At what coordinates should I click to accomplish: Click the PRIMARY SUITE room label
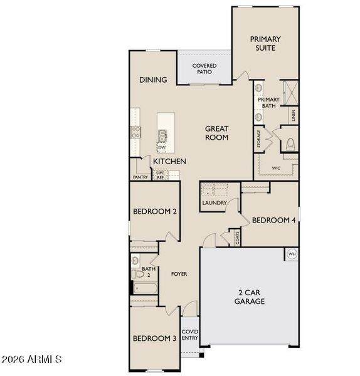[266, 43]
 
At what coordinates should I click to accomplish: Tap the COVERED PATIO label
[204, 69]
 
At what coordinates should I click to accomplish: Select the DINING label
[153, 80]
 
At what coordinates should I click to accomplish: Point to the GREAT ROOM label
[216, 133]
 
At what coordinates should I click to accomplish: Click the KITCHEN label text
[170, 161]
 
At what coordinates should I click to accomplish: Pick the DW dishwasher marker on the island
[161, 147]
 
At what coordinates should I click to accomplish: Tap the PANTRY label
[140, 177]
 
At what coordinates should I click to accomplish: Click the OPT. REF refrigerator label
[161, 175]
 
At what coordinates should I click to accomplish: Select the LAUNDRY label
[214, 203]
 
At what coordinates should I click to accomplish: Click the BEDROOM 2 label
[154, 212]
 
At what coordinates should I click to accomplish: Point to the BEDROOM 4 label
[273, 220]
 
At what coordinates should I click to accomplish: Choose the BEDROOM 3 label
[154, 338]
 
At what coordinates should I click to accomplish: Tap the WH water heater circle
[292, 254]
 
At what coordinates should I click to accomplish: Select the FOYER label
[179, 274]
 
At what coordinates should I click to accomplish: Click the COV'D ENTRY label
[190, 335]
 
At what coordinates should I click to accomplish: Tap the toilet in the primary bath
[289, 144]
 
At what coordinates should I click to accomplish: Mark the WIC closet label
[276, 168]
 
